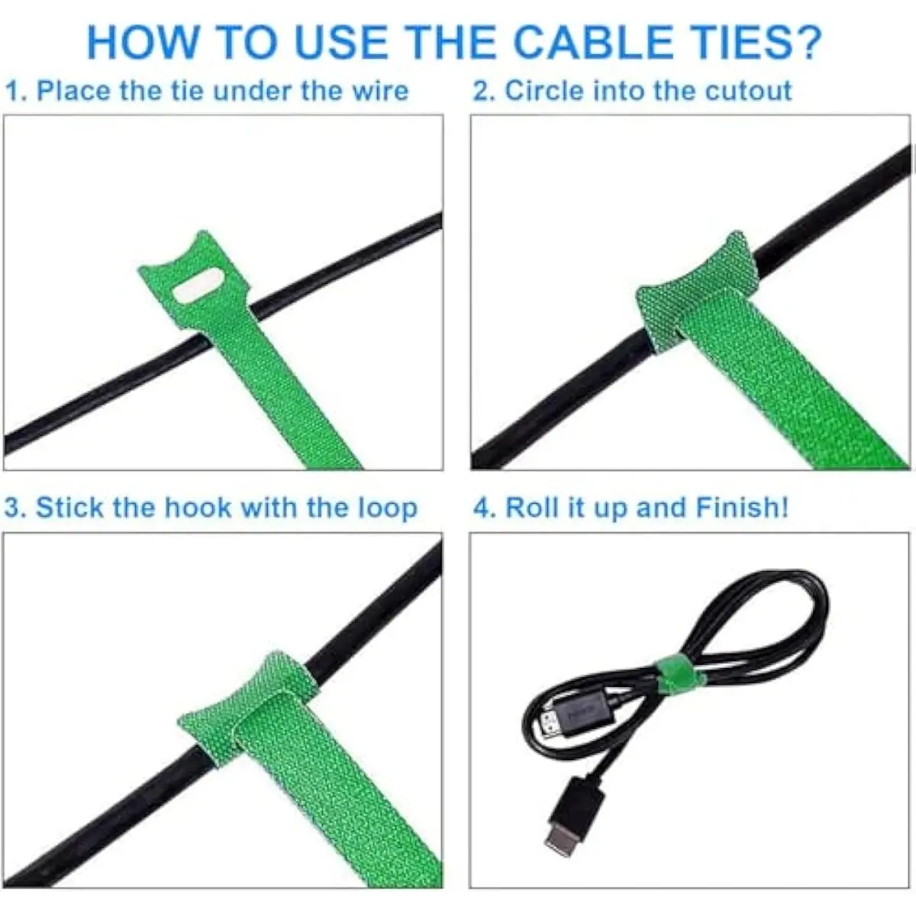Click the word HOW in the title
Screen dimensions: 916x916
(142, 43)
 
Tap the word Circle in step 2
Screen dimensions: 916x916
(544, 90)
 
